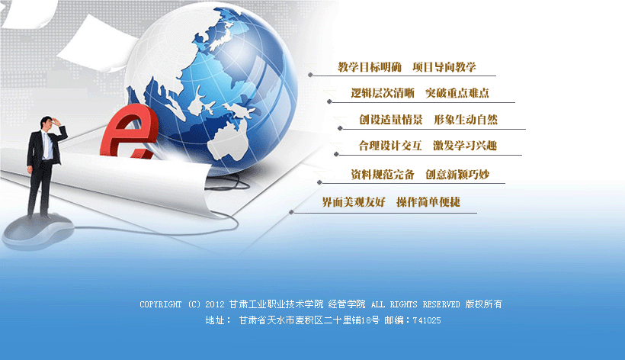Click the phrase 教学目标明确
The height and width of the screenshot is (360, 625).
[x=370, y=67]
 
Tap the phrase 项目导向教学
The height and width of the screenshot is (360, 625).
[x=444, y=67]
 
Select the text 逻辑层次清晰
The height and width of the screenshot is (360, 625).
[x=383, y=93]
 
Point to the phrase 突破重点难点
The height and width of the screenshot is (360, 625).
[x=457, y=93]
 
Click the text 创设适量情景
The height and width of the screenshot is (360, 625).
[x=391, y=120]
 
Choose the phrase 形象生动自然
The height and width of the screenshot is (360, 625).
[x=466, y=120]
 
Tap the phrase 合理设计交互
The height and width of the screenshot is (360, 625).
[x=390, y=146]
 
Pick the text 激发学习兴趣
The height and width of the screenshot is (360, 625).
[x=465, y=146]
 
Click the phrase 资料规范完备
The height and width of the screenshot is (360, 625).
[x=383, y=174]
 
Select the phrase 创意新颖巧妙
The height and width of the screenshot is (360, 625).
[x=457, y=174]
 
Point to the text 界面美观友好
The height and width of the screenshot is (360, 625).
[x=354, y=202]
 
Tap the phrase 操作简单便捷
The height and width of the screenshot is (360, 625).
[x=428, y=202]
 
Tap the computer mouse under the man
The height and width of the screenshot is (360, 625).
[x=38, y=231]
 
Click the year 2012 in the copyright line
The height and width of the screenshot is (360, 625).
[x=215, y=304]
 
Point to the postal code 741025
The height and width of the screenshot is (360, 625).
[x=427, y=320]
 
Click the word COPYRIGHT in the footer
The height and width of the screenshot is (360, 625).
[x=160, y=304]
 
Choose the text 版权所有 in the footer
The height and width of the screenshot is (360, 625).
[x=484, y=304]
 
